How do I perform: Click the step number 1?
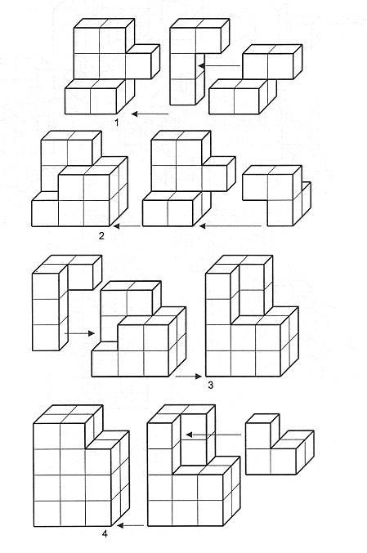pyautogui.click(x=117, y=123)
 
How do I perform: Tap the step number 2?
pyautogui.click(x=101, y=235)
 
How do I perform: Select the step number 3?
pyautogui.click(x=211, y=385)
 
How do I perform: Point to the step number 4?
pyautogui.click(x=105, y=534)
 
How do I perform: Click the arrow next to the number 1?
pyautogui.click(x=150, y=114)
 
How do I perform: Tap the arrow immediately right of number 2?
pyautogui.click(x=127, y=226)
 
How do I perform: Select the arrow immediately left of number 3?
pyautogui.click(x=189, y=377)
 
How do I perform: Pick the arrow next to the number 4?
pyautogui.click(x=130, y=525)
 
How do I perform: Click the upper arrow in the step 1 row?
pyautogui.click(x=219, y=65)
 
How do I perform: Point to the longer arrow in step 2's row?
pyautogui.click(x=230, y=226)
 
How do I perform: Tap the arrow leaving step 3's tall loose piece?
pyautogui.click(x=80, y=333)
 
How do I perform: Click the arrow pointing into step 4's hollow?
pyautogui.click(x=213, y=435)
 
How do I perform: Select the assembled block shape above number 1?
pyautogui.click(x=112, y=66)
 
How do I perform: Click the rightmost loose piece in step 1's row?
pyautogui.click(x=256, y=79)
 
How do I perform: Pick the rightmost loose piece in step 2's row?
pyautogui.click(x=276, y=195)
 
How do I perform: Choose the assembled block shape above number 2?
pyautogui.click(x=80, y=178)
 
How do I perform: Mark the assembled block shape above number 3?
pyautogui.click(x=252, y=316)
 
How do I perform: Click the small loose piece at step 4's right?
pyautogui.click(x=280, y=444)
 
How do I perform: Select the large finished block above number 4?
pyautogui.click(x=82, y=466)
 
